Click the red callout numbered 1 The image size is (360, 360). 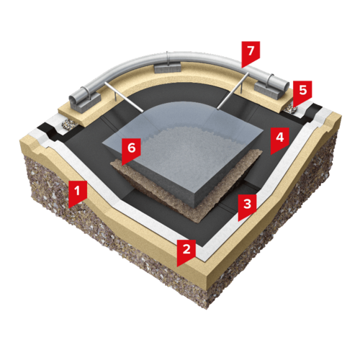coord(77,193)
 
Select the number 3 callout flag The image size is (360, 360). coord(247,206)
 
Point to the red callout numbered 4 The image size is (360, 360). coord(279,139)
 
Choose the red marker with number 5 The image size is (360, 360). coord(303,92)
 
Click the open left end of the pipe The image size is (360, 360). coord(73,99)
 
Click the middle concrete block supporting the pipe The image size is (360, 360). coord(168,68)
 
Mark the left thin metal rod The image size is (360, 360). coord(124,96)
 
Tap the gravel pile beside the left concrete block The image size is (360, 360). coord(68,124)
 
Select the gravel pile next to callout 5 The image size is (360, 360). coord(289,109)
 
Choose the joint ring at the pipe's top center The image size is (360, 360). coord(168,58)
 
